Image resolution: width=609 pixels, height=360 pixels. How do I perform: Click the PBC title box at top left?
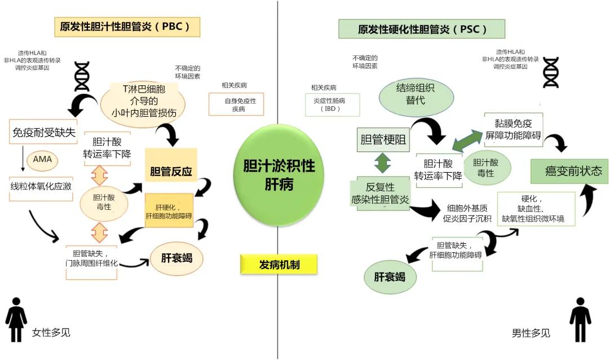click(127, 27)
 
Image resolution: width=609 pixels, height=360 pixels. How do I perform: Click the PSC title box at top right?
click(421, 29)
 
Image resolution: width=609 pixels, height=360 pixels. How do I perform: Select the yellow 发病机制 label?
click(279, 264)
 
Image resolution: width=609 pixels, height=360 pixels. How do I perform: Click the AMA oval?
click(42, 160)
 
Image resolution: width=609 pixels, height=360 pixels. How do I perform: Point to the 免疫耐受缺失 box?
click(43, 133)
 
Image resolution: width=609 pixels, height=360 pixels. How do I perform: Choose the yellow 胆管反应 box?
click(171, 172)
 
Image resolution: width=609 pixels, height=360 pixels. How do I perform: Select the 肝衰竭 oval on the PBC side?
click(176, 258)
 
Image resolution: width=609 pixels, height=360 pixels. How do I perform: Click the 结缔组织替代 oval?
click(416, 94)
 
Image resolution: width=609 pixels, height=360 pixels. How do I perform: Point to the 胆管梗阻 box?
click(383, 139)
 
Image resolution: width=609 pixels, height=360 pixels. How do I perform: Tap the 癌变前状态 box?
click(570, 171)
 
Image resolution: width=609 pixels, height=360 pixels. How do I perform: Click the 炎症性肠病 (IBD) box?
click(332, 104)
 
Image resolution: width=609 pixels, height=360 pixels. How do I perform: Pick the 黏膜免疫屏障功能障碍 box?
click(513, 128)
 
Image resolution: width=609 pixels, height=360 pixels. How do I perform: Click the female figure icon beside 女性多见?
click(16, 319)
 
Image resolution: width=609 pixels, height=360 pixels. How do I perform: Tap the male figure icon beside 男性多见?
click(579, 319)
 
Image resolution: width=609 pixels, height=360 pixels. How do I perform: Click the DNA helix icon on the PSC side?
click(550, 72)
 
